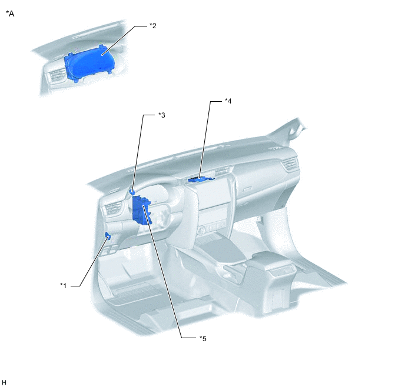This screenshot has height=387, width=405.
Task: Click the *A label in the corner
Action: pyautogui.click(x=10, y=14)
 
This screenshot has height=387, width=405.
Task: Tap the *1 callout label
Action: pyautogui.click(x=64, y=286)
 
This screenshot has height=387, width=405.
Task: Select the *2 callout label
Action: pyautogui.click(x=153, y=25)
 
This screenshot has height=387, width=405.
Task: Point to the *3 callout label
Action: pyautogui.click(x=162, y=115)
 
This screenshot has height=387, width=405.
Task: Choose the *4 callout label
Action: pyautogui.click(x=228, y=101)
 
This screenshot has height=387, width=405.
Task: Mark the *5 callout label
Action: pyautogui.click(x=203, y=339)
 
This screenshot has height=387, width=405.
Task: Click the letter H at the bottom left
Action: pyautogui.click(x=4, y=382)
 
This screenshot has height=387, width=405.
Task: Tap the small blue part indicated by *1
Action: pyautogui.click(x=108, y=236)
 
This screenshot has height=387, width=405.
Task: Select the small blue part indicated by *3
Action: pyautogui.click(x=132, y=192)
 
